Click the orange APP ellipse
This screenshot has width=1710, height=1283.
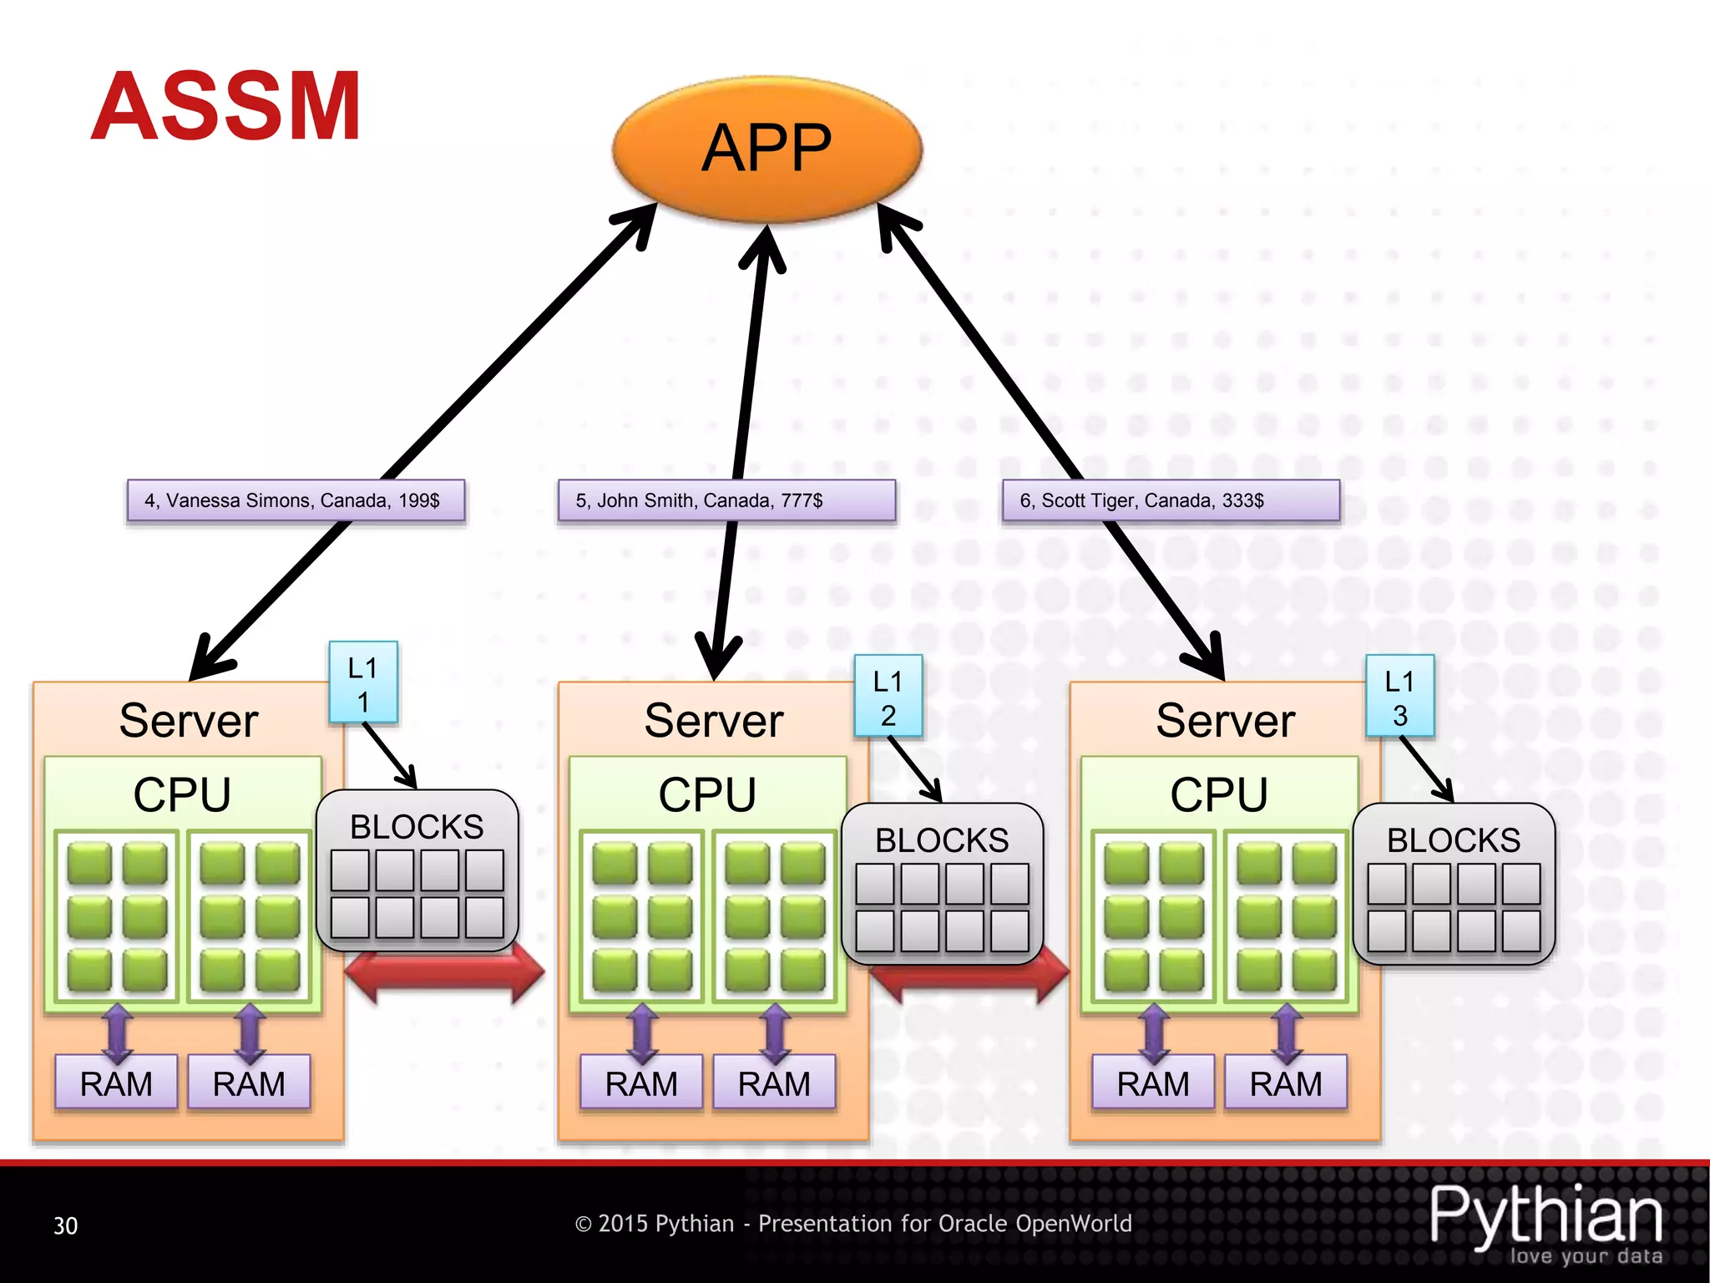[766, 149]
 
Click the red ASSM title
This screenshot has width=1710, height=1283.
[225, 106]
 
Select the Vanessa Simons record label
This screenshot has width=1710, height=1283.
[296, 500]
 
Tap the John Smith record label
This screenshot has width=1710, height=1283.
[726, 500]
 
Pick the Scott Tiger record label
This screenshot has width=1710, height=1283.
[1171, 500]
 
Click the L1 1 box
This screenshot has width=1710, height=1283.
[363, 682]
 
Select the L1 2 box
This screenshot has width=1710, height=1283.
[888, 696]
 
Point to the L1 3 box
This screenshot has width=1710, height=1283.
[1399, 696]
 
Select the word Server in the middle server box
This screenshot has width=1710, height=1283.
[714, 720]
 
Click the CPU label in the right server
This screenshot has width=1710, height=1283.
[1218, 794]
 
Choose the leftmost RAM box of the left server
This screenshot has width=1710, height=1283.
[116, 1083]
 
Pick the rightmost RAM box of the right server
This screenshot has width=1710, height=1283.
[1285, 1083]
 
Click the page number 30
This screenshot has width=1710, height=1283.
[65, 1225]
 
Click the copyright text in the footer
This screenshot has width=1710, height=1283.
[852, 1224]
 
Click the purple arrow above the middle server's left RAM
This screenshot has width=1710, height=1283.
[642, 1033]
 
